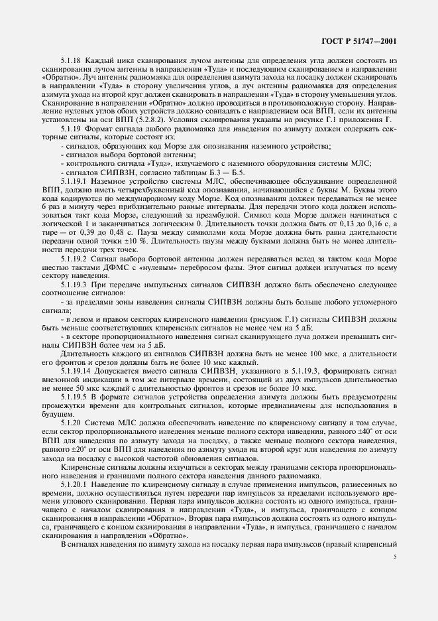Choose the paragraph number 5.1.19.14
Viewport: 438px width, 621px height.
point(75,368)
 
